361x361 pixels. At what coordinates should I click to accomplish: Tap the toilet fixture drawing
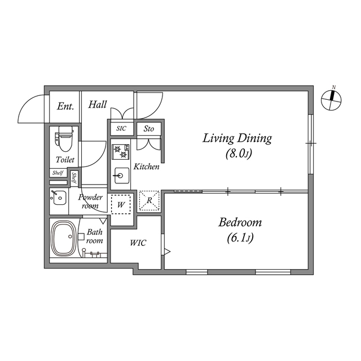coord(64,139)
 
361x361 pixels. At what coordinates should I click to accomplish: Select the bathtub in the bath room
coord(64,238)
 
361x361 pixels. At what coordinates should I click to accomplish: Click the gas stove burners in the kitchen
coord(120,152)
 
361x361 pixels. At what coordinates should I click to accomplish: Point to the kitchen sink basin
coord(121,175)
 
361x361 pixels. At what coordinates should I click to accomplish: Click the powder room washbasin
coord(59,197)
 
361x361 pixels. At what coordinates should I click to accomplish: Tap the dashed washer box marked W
coord(121,204)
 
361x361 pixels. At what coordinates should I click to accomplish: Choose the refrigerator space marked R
coord(149,200)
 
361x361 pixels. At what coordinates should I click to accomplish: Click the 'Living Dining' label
coord(237,139)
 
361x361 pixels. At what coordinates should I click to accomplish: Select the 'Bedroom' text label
coord(240,222)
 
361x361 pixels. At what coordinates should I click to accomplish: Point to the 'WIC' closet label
coord(138,243)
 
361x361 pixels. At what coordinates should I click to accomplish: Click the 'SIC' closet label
coord(121,129)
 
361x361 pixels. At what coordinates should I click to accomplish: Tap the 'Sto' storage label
coord(149,129)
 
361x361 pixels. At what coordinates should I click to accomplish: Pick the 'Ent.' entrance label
coord(65,107)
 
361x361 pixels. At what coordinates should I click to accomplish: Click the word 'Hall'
coord(98,104)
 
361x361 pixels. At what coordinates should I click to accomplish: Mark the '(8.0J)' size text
coord(239,153)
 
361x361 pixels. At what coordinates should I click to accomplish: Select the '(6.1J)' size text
coord(240,238)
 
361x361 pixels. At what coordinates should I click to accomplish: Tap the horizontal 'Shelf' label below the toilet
coord(58,173)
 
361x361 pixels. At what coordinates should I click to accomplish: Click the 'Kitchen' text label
coord(147,166)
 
